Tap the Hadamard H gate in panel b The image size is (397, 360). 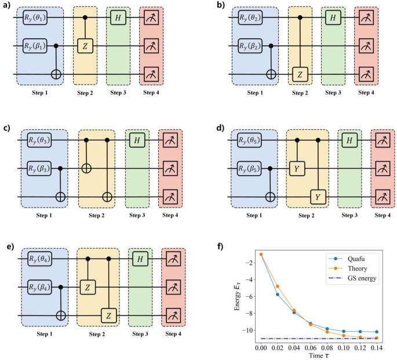click(332, 19)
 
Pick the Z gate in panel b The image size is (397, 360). click(299, 74)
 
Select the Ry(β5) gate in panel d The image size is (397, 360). click(251, 169)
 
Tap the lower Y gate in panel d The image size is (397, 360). click(317, 197)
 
